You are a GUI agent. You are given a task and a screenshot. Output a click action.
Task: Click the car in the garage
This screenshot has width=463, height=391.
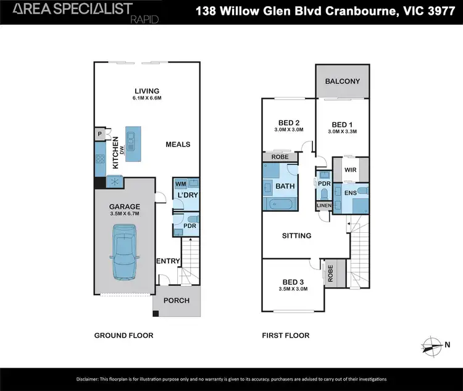[125, 253]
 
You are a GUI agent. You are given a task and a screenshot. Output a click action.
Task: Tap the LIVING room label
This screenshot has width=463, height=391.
[147, 91]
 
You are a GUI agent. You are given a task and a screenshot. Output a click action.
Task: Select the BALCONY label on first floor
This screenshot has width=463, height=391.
[343, 82]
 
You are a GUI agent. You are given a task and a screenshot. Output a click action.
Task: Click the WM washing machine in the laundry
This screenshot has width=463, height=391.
[180, 184]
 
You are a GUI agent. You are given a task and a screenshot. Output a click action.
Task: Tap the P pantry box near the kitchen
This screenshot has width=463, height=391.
[99, 134]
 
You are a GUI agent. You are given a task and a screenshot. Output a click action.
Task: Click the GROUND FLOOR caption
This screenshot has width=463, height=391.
[123, 335]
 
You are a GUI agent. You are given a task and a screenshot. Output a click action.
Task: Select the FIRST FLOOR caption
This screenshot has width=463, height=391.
[285, 335]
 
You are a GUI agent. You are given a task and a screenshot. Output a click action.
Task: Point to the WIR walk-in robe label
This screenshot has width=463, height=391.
[350, 169]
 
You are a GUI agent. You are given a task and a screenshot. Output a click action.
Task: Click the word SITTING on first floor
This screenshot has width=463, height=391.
[296, 235]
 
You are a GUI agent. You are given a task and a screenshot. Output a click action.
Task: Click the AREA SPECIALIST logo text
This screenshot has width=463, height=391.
[73, 9]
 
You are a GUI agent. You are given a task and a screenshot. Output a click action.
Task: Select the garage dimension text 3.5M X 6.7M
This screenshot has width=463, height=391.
[125, 214]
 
